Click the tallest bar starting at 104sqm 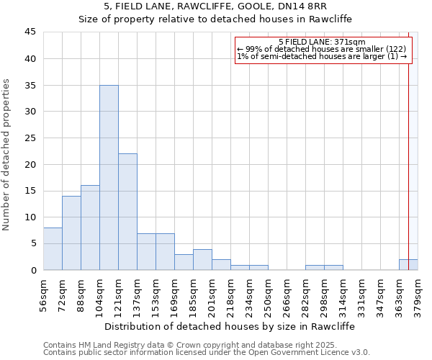(109, 177)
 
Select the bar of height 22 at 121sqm (127, 212)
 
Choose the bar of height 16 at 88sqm (90, 228)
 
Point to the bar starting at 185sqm (202, 260)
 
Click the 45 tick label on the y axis (30, 32)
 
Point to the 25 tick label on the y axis (30, 138)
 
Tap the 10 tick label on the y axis (30, 217)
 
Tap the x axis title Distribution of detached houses (230, 326)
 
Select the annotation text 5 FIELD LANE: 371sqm (322, 42)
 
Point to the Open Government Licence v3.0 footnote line (207, 353)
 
